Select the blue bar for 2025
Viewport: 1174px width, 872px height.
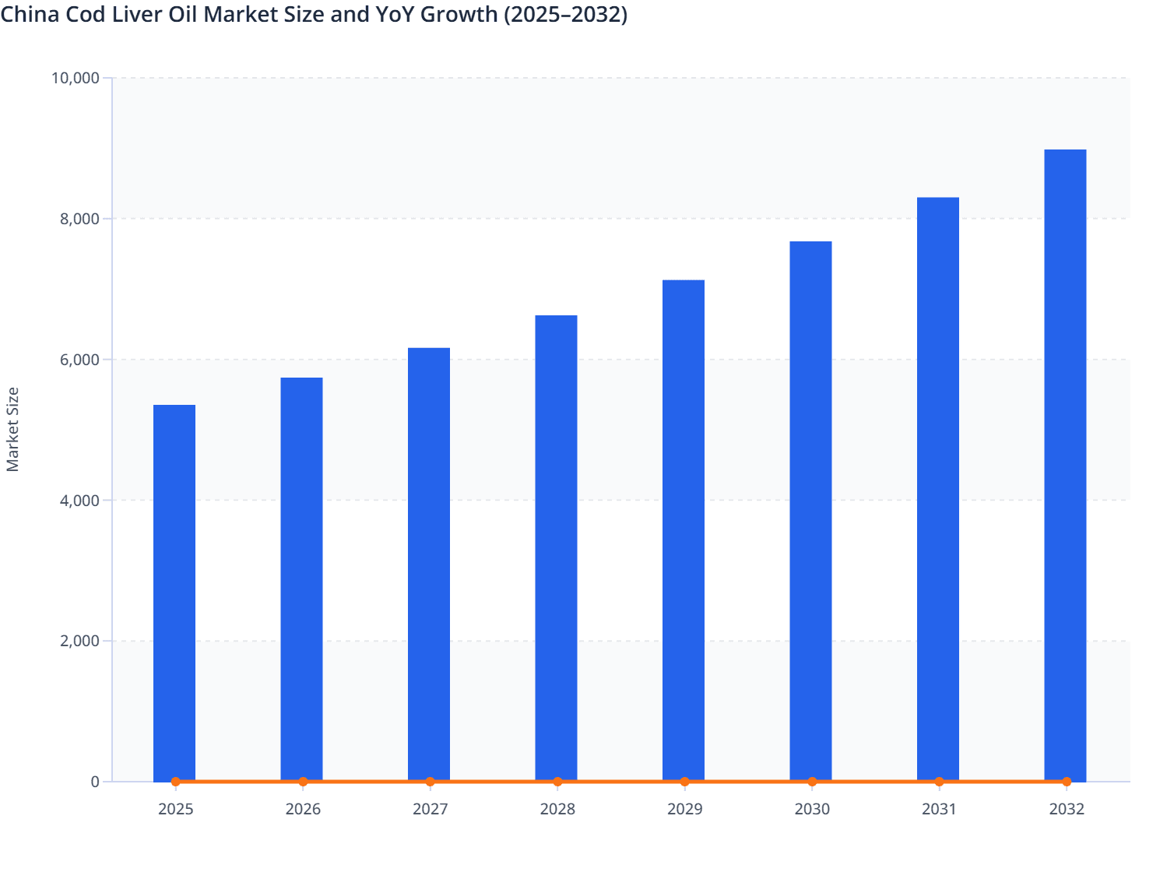tap(174, 592)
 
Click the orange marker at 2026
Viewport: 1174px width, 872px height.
tap(303, 782)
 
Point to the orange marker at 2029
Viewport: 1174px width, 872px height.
tap(684, 782)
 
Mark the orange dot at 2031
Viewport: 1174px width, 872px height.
tap(939, 782)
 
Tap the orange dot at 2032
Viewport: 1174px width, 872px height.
tap(1067, 782)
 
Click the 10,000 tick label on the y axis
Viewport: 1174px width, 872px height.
tap(75, 78)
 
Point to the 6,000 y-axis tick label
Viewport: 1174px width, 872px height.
tap(79, 360)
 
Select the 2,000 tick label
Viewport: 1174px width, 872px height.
tap(79, 642)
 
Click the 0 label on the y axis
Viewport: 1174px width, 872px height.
tap(95, 782)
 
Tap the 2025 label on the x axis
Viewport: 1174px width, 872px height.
tap(175, 809)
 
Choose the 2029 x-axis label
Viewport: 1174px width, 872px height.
tap(684, 809)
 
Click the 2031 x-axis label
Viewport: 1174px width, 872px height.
tap(939, 809)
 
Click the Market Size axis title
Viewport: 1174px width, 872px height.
tap(12, 429)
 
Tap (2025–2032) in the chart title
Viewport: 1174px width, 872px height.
tap(566, 14)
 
